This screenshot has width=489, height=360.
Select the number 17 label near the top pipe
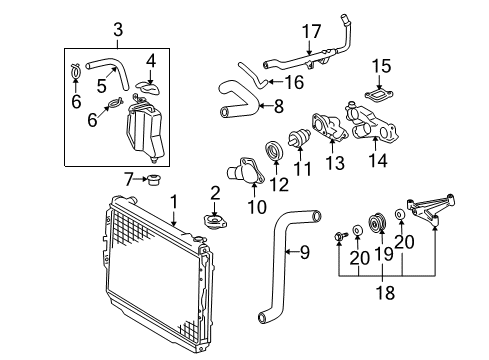(x=311, y=31)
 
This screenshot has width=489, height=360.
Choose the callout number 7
(x=129, y=179)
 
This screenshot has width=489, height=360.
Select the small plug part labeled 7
(x=154, y=180)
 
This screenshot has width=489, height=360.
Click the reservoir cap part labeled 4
(x=147, y=90)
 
